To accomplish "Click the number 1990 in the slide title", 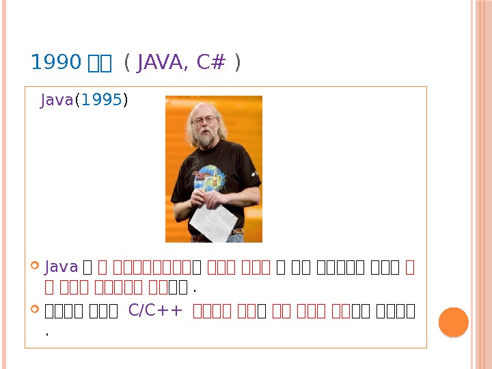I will tap(55, 64).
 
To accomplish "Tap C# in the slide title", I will tap(210, 64).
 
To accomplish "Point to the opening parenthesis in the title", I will tap(128, 64).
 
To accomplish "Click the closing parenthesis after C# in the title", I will tap(236, 64).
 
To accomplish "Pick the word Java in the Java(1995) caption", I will tap(57, 101).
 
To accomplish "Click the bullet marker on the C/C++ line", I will tap(36, 312).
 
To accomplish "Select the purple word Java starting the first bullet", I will tap(60, 265).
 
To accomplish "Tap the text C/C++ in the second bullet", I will tap(155, 312).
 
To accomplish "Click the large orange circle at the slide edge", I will tap(452, 322).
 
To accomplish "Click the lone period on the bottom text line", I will tap(46, 335).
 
